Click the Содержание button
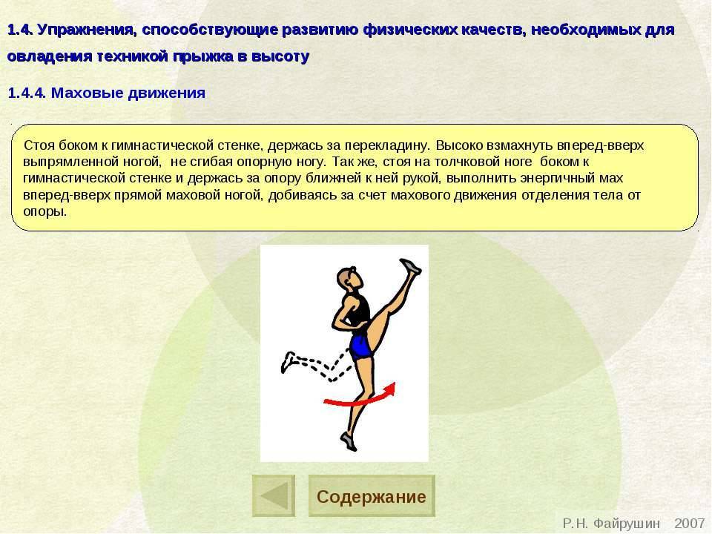point(371,496)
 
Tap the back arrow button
point(273,496)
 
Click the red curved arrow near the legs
point(360,397)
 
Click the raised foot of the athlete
point(410,267)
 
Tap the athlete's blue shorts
point(360,346)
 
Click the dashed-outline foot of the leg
point(290,362)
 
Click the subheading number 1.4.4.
point(27,93)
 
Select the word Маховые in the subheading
point(84,93)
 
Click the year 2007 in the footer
point(689,524)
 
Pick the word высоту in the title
point(283,56)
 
